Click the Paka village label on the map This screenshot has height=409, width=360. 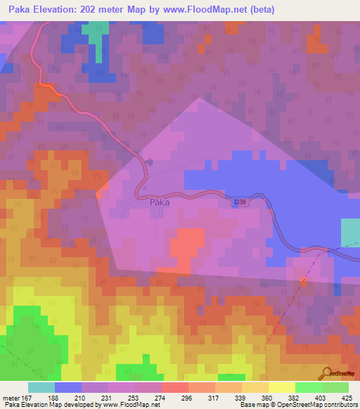tap(159, 202)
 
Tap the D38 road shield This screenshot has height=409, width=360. tap(240, 202)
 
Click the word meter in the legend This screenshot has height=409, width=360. tap(12, 397)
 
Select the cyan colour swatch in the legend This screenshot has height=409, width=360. tap(41, 387)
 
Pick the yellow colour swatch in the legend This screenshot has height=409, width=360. tap(281, 387)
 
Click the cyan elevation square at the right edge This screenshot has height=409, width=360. tap(350, 233)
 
